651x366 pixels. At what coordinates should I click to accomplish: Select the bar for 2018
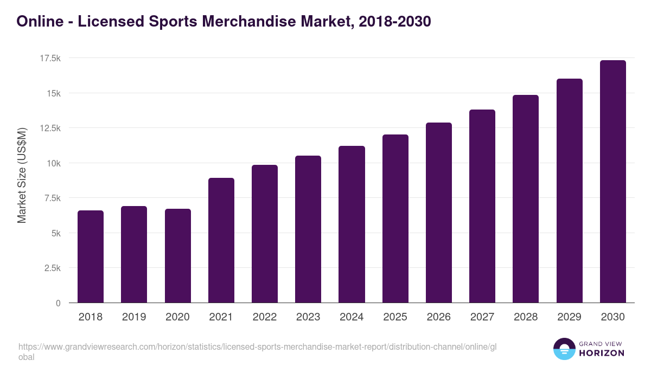(91, 256)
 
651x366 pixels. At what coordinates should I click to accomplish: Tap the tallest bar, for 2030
(612, 182)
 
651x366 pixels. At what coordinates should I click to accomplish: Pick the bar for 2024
(352, 224)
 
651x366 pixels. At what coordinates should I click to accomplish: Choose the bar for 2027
(482, 206)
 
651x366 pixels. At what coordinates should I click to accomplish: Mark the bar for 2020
(178, 256)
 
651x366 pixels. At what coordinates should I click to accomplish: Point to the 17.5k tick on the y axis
(50, 58)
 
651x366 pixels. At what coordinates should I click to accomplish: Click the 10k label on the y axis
(53, 163)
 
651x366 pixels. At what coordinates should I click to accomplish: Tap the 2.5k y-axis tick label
(52, 268)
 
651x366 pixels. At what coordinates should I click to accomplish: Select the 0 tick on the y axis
(58, 303)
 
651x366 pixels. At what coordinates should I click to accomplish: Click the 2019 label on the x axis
(134, 317)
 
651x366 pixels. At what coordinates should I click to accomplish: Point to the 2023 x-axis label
(308, 317)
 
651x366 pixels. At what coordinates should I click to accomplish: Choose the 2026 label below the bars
(438, 317)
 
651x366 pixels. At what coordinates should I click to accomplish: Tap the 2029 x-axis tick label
(569, 317)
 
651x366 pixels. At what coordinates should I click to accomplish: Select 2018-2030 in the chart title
(394, 21)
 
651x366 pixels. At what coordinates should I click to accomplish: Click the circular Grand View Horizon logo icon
(564, 349)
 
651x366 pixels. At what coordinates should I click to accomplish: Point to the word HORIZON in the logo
(602, 353)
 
